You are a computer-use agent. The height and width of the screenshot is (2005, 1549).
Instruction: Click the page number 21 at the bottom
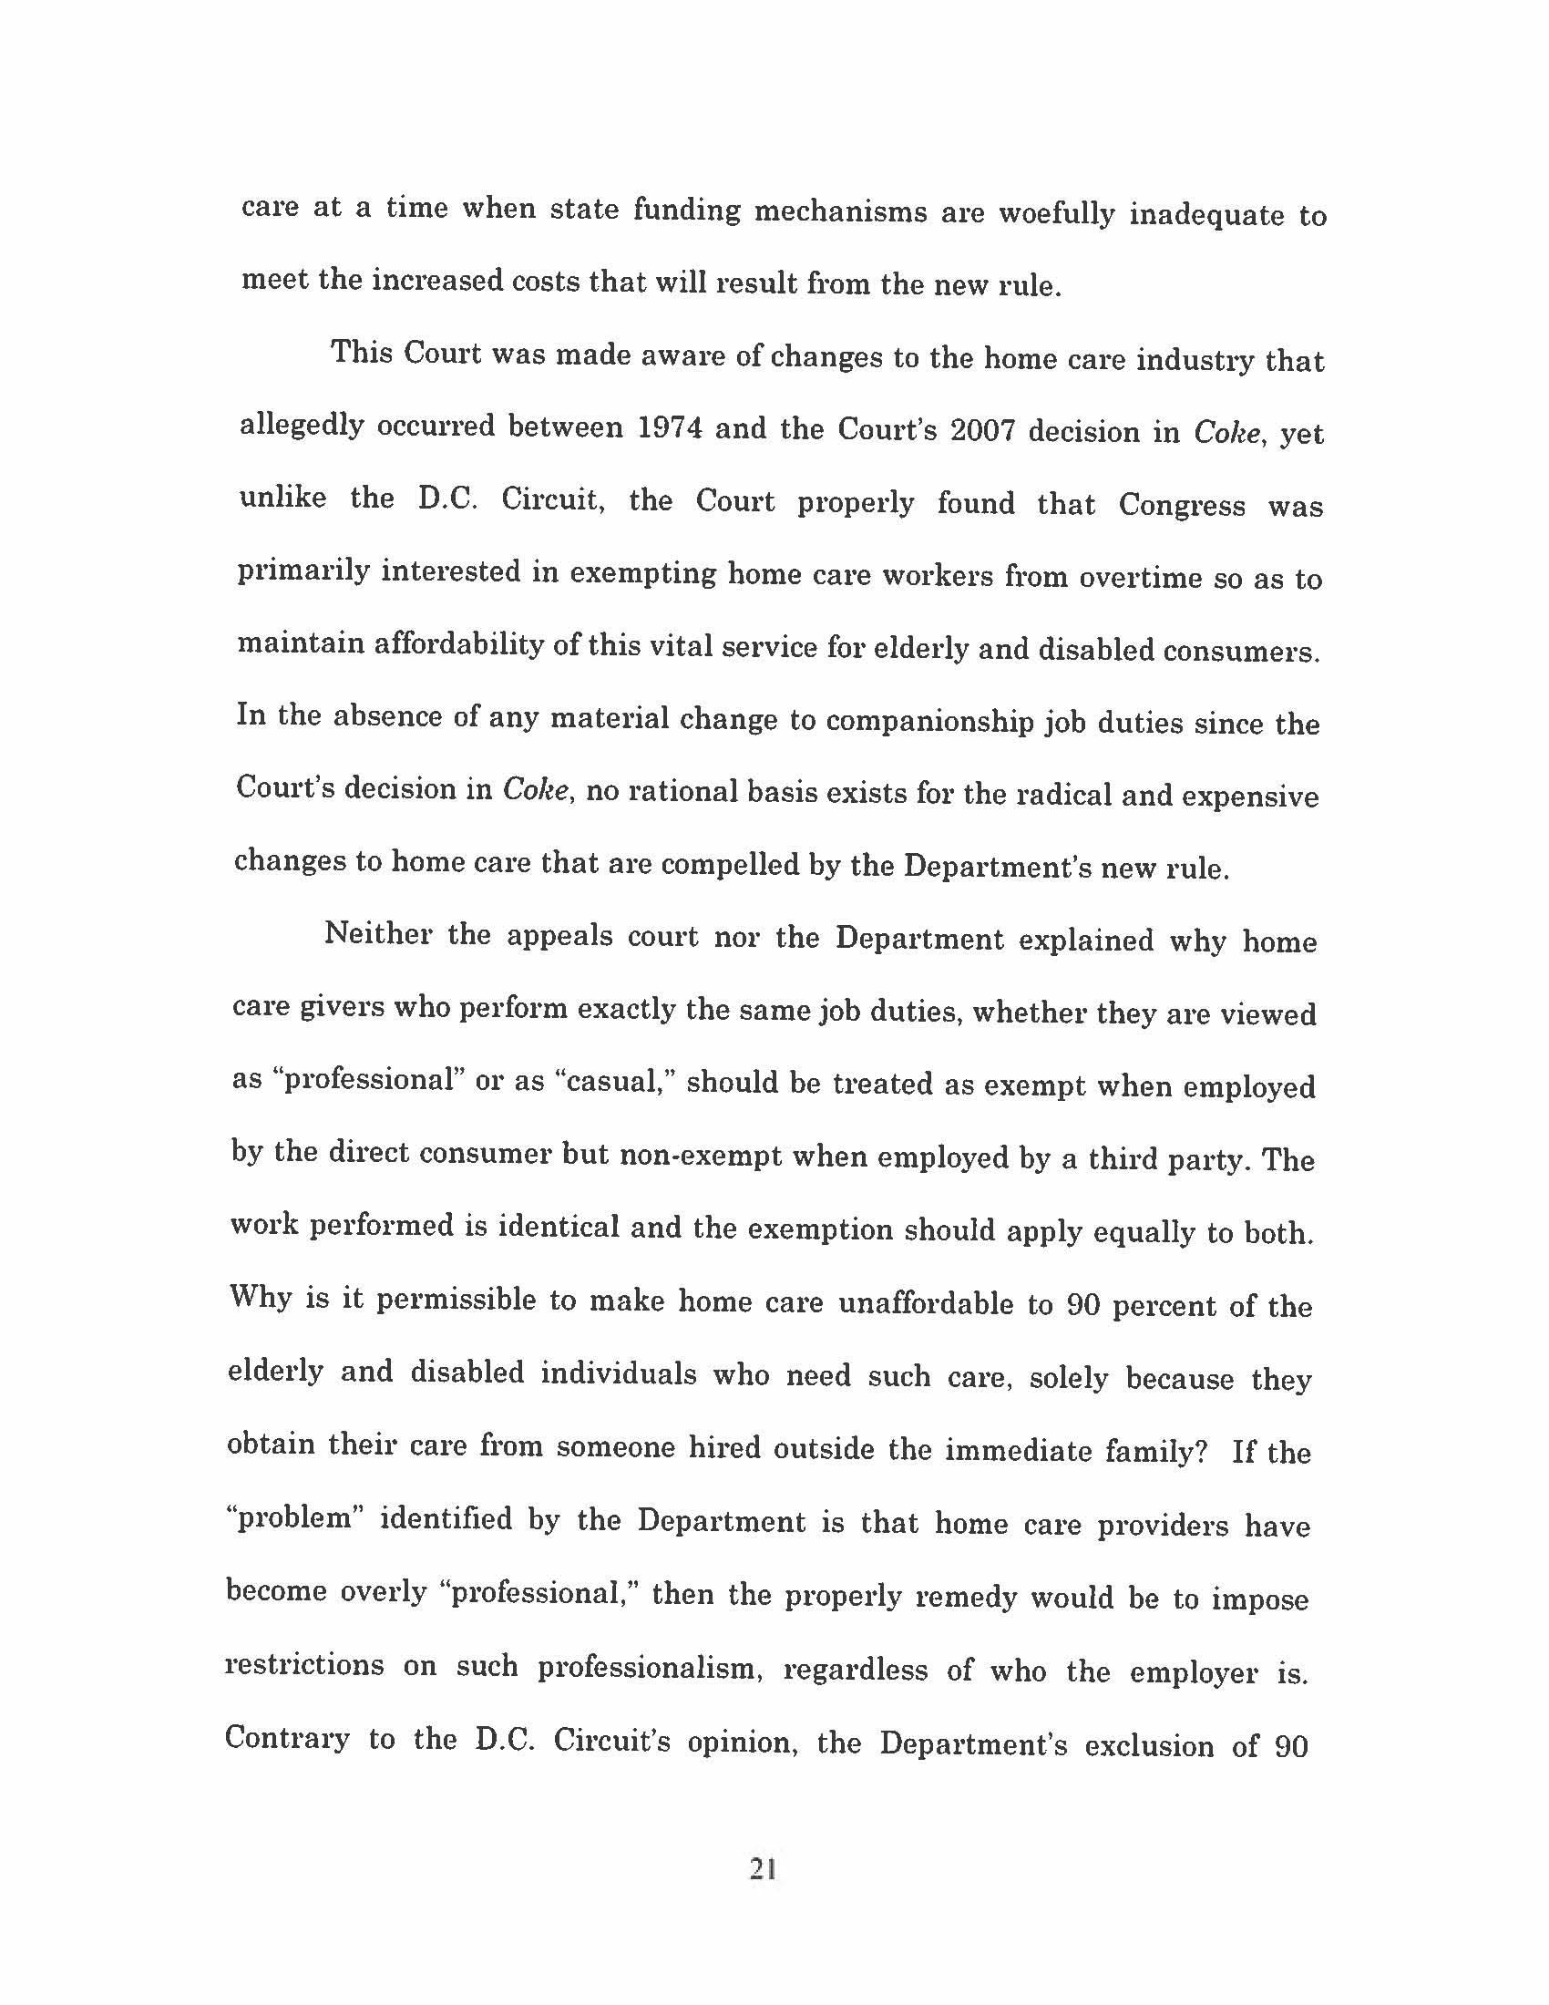pyautogui.click(x=763, y=1868)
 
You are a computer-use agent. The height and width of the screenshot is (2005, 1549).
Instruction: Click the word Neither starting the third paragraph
pyautogui.click(x=378, y=934)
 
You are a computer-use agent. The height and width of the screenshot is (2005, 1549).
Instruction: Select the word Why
pyautogui.click(x=260, y=1297)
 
